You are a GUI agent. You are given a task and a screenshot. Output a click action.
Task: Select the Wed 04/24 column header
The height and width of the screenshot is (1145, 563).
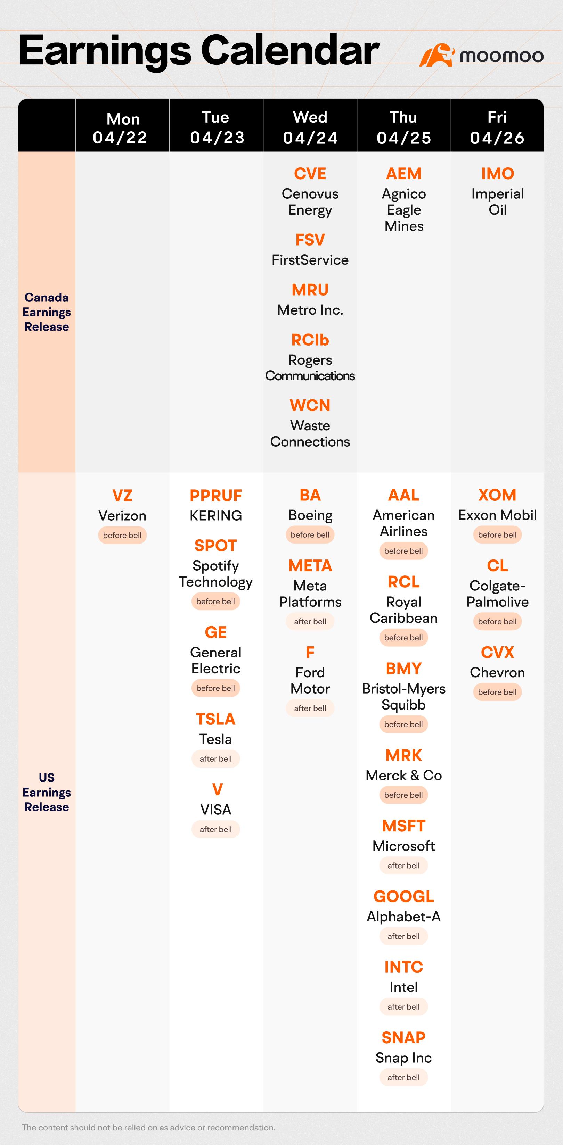tap(310, 127)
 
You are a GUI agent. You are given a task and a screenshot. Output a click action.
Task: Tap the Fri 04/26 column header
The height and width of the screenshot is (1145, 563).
tap(497, 127)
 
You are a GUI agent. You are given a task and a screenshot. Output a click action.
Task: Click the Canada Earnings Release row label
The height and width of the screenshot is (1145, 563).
tap(47, 312)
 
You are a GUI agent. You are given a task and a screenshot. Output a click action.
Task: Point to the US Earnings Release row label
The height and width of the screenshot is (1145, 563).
tap(47, 792)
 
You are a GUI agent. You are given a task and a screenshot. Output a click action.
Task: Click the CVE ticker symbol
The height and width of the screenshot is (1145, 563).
tap(310, 173)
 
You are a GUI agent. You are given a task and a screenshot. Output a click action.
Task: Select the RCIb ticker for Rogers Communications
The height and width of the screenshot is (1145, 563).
tap(310, 340)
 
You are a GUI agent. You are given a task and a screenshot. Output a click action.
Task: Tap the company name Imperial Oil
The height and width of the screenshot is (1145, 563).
tap(498, 201)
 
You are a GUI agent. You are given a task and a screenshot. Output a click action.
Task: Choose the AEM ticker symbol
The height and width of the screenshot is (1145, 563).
tap(404, 173)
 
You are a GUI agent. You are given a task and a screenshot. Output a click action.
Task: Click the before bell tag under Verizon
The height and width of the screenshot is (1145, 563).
tap(122, 535)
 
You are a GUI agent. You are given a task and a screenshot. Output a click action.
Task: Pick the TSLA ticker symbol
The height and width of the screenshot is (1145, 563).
tap(216, 719)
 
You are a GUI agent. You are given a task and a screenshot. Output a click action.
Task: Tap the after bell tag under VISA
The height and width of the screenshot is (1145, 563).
tap(216, 829)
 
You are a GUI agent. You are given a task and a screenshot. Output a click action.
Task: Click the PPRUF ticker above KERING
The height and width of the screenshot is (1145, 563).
tap(216, 495)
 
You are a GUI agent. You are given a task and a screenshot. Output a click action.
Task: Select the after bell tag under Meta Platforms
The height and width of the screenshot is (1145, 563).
tap(310, 621)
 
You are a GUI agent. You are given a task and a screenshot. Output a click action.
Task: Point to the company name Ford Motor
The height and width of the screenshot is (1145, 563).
tap(310, 681)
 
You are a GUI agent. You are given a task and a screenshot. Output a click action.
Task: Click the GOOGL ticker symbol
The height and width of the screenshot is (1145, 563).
tap(404, 896)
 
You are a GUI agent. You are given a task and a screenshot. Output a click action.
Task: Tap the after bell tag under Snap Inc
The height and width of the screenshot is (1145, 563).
tap(404, 1077)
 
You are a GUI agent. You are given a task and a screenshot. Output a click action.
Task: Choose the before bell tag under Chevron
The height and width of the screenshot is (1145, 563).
tap(497, 692)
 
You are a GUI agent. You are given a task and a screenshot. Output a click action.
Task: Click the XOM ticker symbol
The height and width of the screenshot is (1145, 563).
tap(497, 495)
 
